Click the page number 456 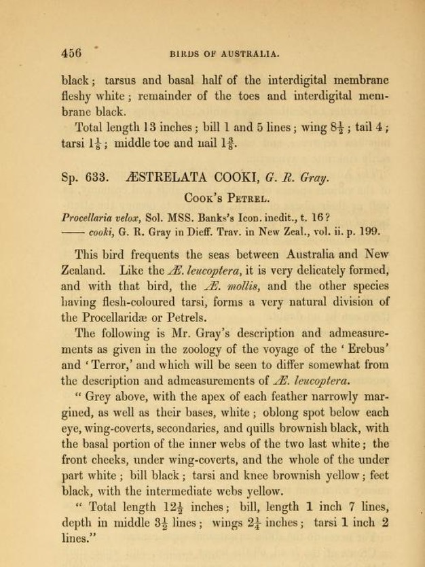(71, 52)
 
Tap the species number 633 (97, 179)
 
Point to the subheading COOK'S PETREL (225, 199)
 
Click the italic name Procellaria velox (99, 218)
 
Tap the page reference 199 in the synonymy (368, 232)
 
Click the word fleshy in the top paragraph (80, 96)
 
